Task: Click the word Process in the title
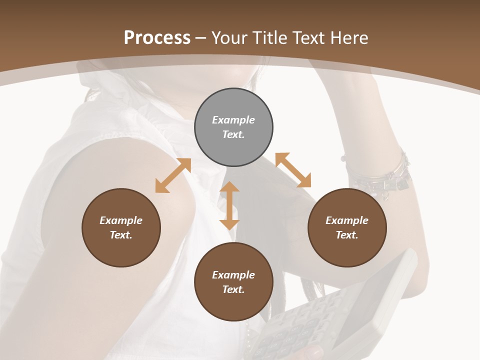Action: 157,38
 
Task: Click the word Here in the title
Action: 349,38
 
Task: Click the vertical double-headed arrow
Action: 229,205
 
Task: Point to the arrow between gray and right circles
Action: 293,170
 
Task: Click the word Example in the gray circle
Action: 233,120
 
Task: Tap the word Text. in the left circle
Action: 121,235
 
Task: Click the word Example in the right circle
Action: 347,220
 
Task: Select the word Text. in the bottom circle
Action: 233,289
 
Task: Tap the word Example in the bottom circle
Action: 233,275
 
